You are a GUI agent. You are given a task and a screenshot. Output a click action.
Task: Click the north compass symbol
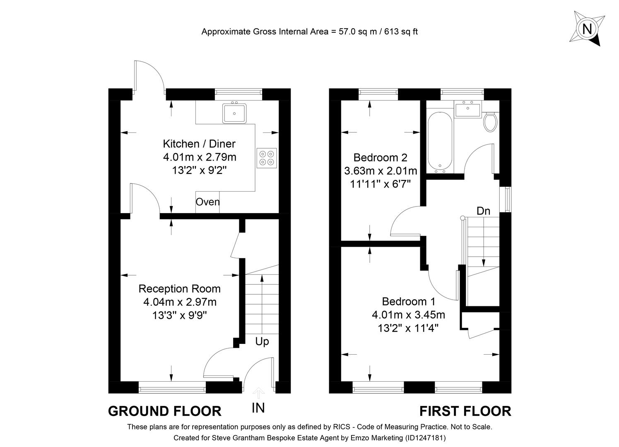click(587, 29)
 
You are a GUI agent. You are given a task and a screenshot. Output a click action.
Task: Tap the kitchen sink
click(234, 113)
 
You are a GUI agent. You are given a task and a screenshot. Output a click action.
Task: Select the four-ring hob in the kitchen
click(267, 158)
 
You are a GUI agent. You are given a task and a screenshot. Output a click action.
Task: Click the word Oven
click(207, 202)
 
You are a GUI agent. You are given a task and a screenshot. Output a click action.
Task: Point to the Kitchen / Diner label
click(199, 144)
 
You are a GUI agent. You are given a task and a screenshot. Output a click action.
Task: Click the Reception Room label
click(179, 288)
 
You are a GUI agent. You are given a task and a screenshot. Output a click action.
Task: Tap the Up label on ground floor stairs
click(262, 341)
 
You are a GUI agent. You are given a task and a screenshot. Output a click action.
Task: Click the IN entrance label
click(258, 408)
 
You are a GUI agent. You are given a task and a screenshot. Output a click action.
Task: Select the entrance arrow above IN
click(258, 392)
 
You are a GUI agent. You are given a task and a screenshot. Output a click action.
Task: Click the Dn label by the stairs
click(483, 211)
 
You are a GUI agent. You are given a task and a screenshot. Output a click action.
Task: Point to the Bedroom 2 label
click(380, 157)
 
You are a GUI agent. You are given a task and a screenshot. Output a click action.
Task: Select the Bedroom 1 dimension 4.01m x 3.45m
click(408, 315)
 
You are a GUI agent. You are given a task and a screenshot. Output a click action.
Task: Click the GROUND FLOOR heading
click(165, 411)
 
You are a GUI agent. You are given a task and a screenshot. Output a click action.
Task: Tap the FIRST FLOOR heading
click(465, 411)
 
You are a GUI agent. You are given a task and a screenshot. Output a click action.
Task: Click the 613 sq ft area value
click(401, 31)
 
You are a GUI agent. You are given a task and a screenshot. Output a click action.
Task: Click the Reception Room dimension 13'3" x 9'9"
click(179, 315)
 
